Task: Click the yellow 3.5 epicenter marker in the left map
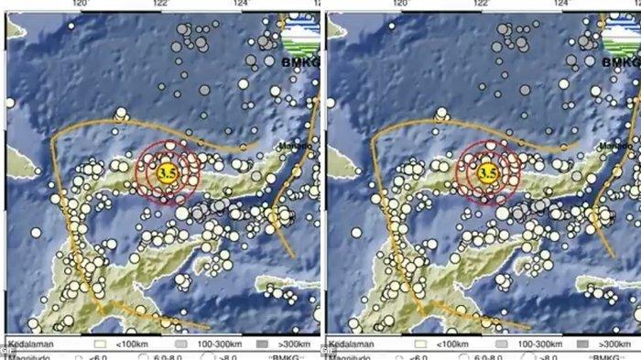167,172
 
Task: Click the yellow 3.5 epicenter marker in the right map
488,172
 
